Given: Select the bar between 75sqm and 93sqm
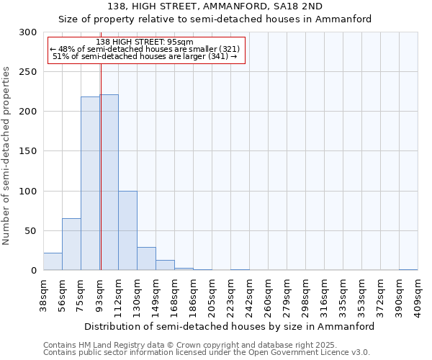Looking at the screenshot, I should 90,184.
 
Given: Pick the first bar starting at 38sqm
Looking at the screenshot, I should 53,262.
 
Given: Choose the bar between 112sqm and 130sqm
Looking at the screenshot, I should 127,231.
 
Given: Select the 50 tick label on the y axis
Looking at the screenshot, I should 31,231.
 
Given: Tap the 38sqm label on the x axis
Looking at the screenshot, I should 43,293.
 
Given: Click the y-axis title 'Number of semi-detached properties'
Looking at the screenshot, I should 7,156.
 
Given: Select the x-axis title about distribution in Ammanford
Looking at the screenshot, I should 229,326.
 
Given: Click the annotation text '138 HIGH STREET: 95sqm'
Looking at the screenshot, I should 145,42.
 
